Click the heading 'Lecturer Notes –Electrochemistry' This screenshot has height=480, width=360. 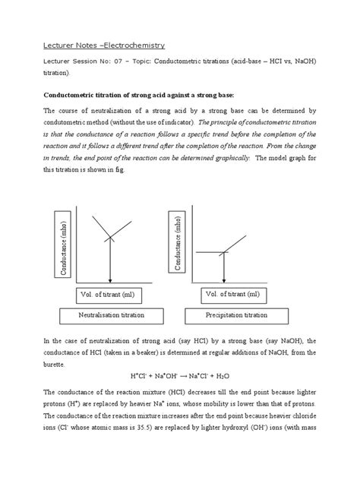96,46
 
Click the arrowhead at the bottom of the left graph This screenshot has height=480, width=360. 110,280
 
